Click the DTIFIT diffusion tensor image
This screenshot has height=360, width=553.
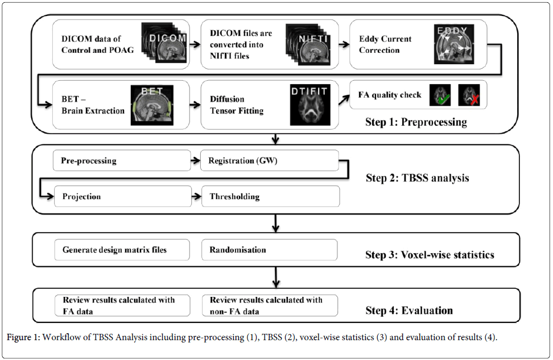coord(310,104)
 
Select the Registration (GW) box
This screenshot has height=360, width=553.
coord(270,160)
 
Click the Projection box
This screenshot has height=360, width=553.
coord(122,197)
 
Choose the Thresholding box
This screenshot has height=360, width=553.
coord(270,197)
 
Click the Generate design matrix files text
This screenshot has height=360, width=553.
coord(114,250)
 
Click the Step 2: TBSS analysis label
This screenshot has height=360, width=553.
coord(418,178)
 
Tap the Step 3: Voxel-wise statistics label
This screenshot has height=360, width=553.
coord(430,254)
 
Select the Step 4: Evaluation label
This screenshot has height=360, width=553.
coord(409,310)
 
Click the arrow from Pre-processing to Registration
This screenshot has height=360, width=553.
coord(196,161)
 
